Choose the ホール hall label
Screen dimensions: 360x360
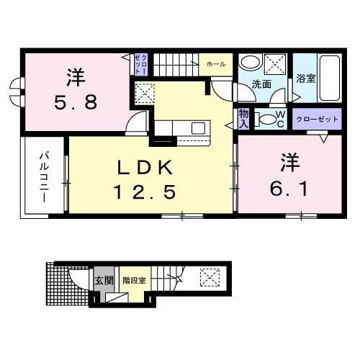pos(215,64)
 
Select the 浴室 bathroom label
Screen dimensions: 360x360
pos(306,79)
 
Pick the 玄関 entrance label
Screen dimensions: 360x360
pos(103,280)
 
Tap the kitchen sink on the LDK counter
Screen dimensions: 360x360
pos(197,129)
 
